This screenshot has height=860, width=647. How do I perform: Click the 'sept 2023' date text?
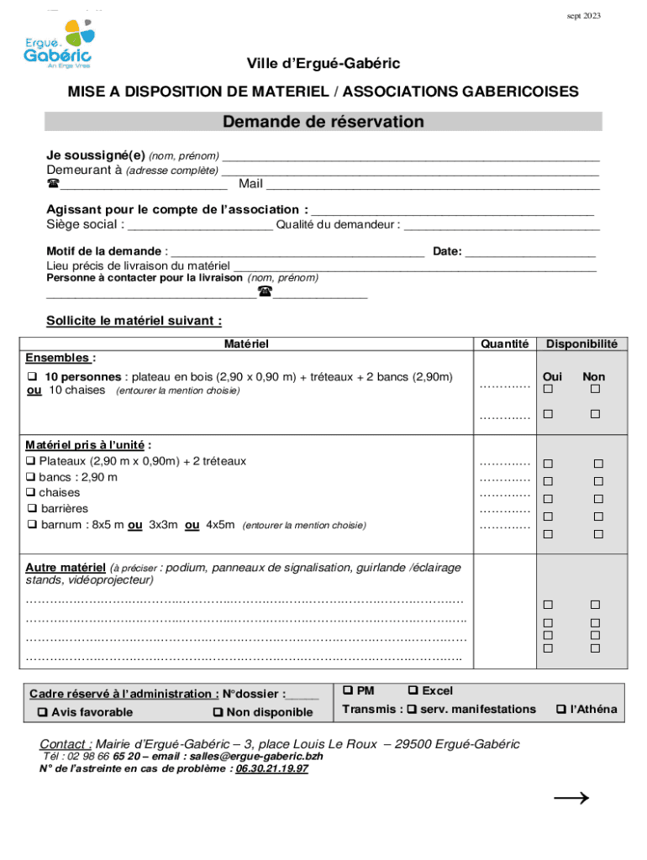(x=583, y=16)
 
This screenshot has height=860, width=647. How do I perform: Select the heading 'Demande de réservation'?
(x=323, y=123)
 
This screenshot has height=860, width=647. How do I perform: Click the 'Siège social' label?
(x=85, y=224)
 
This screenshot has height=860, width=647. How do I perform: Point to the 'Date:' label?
(x=446, y=251)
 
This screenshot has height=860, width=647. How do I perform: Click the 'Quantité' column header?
(x=504, y=343)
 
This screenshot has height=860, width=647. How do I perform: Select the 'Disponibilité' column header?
(x=581, y=343)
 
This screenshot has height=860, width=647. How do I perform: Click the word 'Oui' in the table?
(x=552, y=377)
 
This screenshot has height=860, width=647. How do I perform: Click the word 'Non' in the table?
(x=593, y=377)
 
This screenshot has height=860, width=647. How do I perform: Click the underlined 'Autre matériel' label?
(x=66, y=567)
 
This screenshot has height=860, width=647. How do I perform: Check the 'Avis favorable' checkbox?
(x=42, y=713)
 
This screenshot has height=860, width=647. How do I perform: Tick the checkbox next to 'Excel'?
(x=413, y=690)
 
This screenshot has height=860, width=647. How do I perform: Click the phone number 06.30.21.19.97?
(x=271, y=768)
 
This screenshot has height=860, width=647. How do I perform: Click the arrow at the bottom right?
(x=571, y=799)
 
